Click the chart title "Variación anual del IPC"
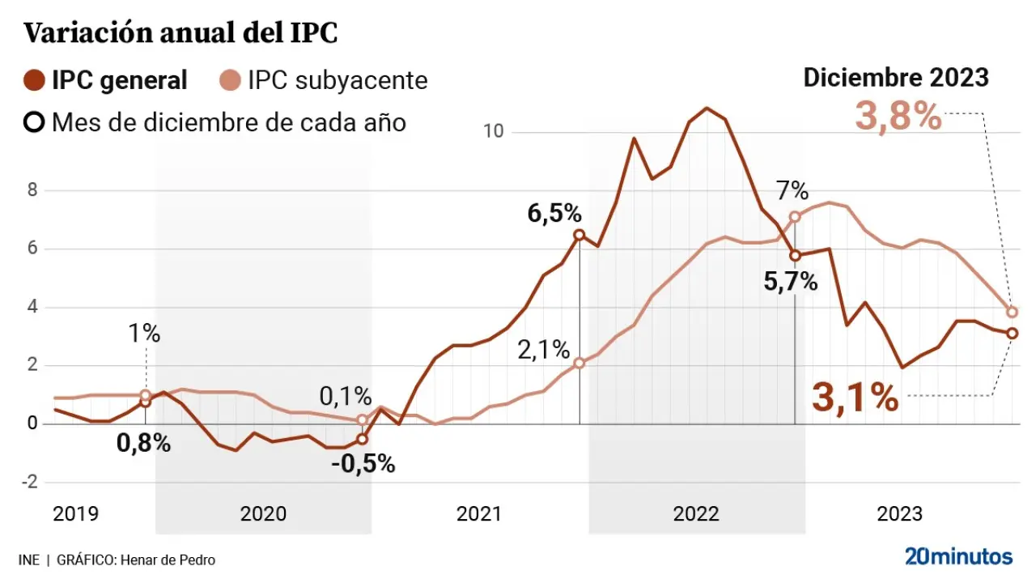click(x=180, y=33)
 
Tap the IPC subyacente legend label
click(x=338, y=80)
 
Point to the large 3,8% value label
click(x=898, y=117)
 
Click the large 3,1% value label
click(x=855, y=398)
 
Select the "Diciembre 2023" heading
click(x=896, y=78)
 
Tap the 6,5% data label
click(x=554, y=214)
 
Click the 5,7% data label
click(x=791, y=282)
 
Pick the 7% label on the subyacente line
click(x=792, y=191)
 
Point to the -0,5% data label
click(x=363, y=464)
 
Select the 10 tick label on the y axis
click(x=494, y=130)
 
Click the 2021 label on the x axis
click(x=479, y=514)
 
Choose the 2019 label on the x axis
click(x=75, y=514)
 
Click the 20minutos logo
click(x=958, y=557)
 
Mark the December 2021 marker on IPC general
click(x=579, y=235)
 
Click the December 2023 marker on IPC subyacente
click(x=1012, y=312)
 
